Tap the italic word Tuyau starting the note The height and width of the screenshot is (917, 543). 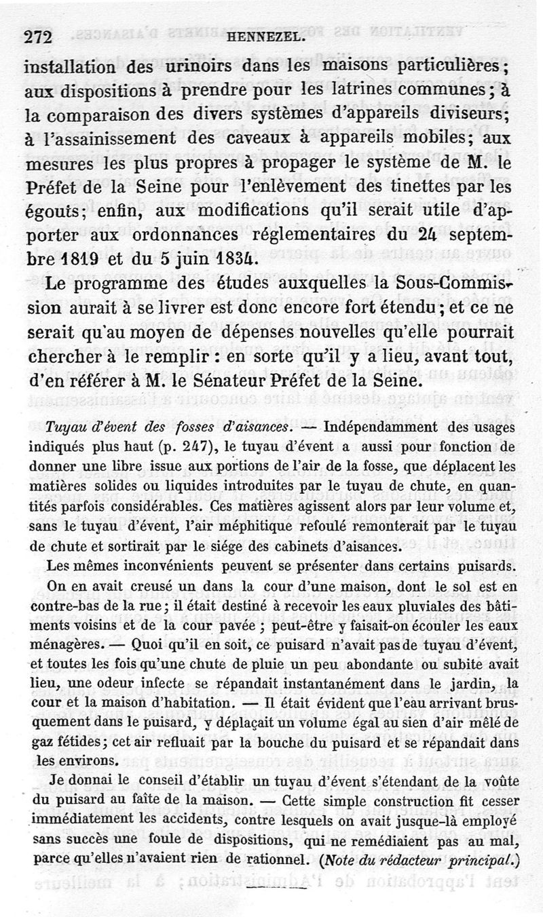tap(63, 429)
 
